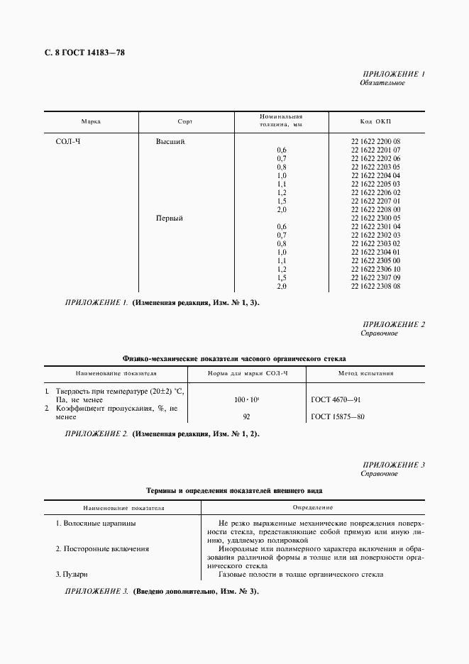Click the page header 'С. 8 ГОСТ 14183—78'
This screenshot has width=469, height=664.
click(x=79, y=52)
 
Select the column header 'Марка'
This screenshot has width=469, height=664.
click(x=91, y=121)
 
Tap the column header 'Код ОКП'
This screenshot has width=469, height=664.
click(x=375, y=121)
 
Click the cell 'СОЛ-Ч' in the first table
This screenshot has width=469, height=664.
click(x=69, y=142)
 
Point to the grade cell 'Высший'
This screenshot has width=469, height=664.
click(x=170, y=142)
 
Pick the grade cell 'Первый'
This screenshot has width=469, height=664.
click(x=170, y=218)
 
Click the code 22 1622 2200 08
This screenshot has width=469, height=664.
click(x=375, y=142)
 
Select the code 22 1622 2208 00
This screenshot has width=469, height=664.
click(x=375, y=210)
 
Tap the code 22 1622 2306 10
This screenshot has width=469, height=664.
click(x=375, y=270)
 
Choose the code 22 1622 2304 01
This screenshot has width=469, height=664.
click(x=375, y=253)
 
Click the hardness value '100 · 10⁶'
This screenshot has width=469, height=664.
click(x=246, y=400)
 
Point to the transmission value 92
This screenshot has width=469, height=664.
click(x=246, y=417)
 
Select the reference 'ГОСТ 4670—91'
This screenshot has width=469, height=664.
click(x=337, y=400)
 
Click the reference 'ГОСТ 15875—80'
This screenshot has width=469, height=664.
click(x=338, y=417)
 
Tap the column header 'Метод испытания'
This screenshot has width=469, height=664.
click(x=366, y=372)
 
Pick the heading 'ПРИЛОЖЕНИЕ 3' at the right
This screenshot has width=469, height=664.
click(x=393, y=465)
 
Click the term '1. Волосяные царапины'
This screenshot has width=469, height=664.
click(x=96, y=524)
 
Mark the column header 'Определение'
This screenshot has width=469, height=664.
click(x=313, y=508)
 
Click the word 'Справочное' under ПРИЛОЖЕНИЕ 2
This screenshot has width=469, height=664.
click(x=379, y=333)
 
